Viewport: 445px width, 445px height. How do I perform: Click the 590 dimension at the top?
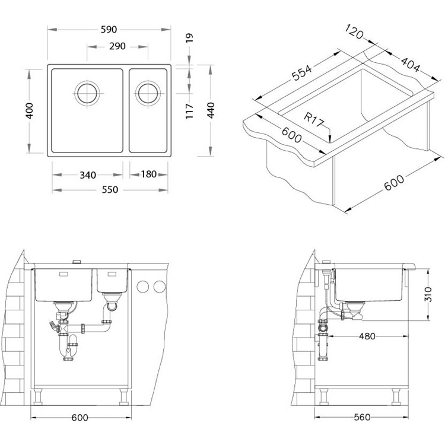[109, 30]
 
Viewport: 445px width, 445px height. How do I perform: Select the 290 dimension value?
[117, 46]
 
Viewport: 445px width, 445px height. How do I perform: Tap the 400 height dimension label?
[29, 111]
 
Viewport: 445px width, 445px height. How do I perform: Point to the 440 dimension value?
[211, 110]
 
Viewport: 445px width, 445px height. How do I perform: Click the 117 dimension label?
[189, 112]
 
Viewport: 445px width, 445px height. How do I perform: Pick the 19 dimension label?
[189, 38]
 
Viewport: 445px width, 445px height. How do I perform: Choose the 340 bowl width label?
[88, 175]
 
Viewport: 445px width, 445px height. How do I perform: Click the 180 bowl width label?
[149, 174]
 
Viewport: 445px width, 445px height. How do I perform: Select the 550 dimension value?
[110, 190]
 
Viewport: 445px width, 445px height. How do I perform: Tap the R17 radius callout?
[314, 119]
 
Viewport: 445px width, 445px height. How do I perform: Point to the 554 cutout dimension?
[302, 72]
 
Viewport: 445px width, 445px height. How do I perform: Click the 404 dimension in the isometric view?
[410, 64]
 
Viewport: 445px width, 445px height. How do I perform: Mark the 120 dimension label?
[354, 31]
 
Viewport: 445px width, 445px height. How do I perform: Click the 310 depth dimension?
[428, 294]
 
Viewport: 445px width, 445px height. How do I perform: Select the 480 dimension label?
[367, 336]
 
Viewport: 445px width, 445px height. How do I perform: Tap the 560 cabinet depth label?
[362, 417]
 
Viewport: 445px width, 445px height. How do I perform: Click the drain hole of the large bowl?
[87, 93]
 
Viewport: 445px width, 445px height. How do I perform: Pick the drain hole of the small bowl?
[148, 93]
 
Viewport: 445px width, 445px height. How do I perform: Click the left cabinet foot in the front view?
[38, 397]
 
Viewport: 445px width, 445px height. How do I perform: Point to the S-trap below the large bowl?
[68, 348]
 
